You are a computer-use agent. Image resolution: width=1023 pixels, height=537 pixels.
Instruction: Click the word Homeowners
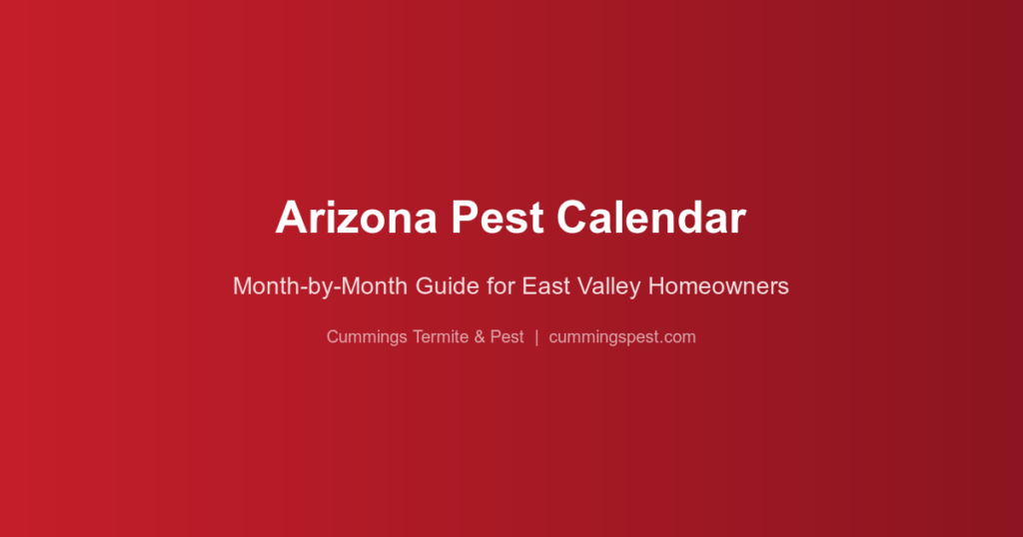[x=718, y=286]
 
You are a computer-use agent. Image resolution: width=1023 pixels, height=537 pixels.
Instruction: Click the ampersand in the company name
[x=481, y=337]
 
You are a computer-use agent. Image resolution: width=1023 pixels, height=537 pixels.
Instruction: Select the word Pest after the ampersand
[x=508, y=337]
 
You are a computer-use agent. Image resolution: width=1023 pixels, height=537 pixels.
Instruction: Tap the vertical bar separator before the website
[x=536, y=337]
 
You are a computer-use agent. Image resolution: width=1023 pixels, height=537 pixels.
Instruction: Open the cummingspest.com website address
[x=622, y=337]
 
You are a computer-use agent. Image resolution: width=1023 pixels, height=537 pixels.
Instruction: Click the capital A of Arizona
[x=290, y=218]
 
